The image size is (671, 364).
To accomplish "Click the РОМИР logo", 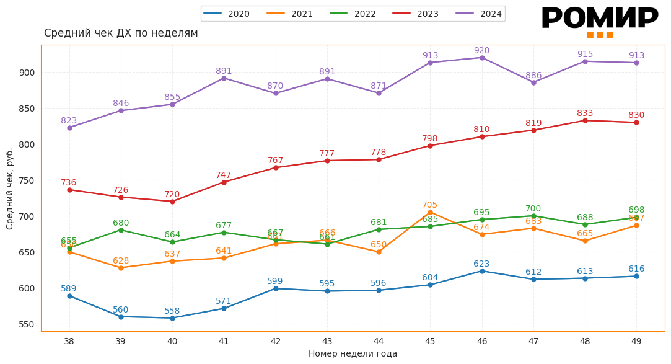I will point(599,21).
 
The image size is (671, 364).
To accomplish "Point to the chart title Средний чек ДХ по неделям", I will point(121,33).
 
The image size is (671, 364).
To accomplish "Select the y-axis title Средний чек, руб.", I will point(10,189).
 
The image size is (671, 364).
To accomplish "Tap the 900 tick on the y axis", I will point(27,73).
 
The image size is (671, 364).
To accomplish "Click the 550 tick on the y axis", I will point(27,324).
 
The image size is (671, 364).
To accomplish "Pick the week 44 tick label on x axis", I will point(379,341).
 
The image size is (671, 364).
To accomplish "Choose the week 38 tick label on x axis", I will point(69,341).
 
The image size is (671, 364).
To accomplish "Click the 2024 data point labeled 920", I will point(482,58).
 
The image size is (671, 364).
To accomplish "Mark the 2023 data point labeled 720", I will point(172,202).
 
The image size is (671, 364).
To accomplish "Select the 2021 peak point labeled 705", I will point(430,212).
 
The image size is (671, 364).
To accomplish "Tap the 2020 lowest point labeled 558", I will point(172,318).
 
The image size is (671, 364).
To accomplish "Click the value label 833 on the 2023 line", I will point(585,113).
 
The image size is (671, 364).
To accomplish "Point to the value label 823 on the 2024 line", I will point(69,121).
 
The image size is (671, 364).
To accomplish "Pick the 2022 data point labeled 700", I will point(533,216).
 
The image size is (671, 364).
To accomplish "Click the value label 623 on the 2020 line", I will point(482,264).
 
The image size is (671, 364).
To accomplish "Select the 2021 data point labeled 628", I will point(121,268).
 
